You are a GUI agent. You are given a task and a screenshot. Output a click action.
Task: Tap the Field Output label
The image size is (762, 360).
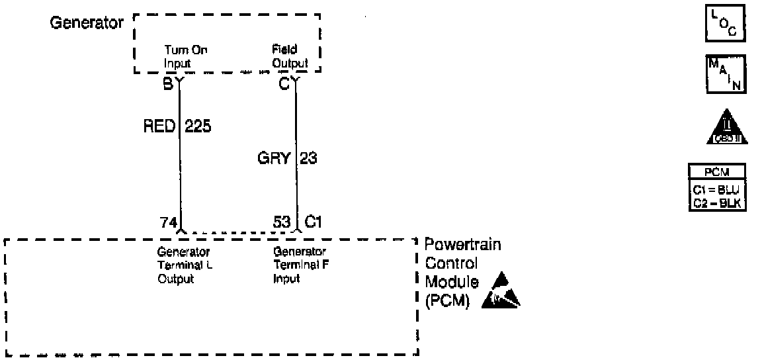pyautogui.click(x=290, y=56)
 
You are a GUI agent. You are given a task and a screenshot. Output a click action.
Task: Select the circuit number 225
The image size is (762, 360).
pyautogui.click(x=198, y=125)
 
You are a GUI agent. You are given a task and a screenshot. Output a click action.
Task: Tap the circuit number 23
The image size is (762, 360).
pyautogui.click(x=308, y=159)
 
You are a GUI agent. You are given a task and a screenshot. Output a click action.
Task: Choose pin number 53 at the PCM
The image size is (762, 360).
pyautogui.click(x=282, y=222)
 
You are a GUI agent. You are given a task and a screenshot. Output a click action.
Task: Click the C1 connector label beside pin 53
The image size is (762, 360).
pyautogui.click(x=313, y=222)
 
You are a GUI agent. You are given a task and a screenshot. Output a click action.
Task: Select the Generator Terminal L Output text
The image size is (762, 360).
pyautogui.click(x=184, y=265)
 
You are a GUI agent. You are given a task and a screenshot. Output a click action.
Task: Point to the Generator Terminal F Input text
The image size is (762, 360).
pyautogui.click(x=300, y=265)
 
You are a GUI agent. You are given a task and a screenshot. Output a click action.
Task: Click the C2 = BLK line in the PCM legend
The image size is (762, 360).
pyautogui.click(x=718, y=204)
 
